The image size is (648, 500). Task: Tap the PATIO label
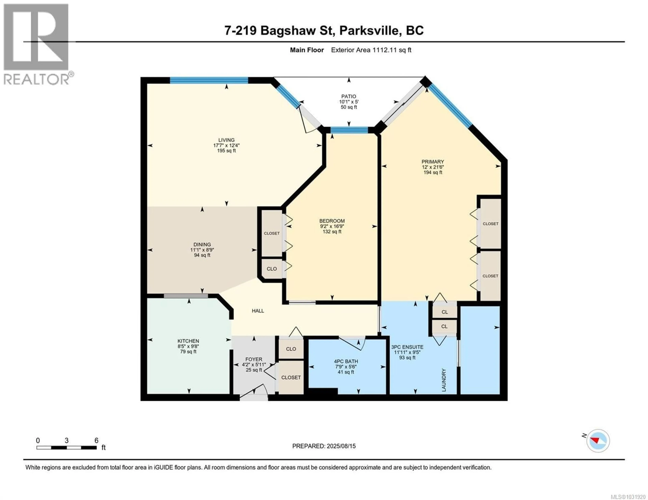(349, 96)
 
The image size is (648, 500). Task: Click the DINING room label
(202, 245)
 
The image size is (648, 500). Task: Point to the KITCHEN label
(188, 341)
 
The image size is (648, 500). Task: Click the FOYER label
(254, 359)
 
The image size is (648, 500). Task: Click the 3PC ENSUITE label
(407, 347)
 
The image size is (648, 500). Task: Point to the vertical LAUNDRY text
(444, 380)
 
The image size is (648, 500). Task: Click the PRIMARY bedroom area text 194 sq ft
(433, 173)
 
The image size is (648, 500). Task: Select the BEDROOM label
(332, 221)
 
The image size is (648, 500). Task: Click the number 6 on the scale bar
(96, 440)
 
